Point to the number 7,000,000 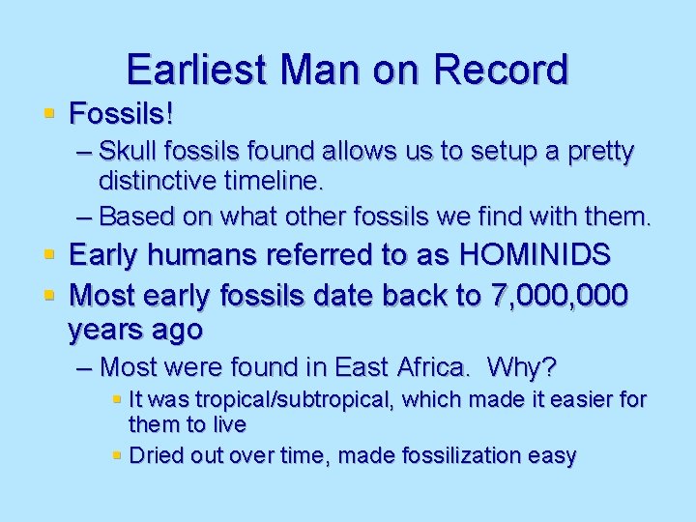pos(560,293)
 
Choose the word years pos(107,330)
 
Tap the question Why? pos(522,367)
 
